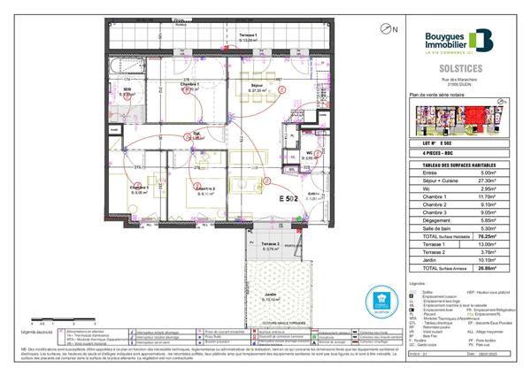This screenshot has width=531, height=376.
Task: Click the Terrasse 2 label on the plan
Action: [271, 244]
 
